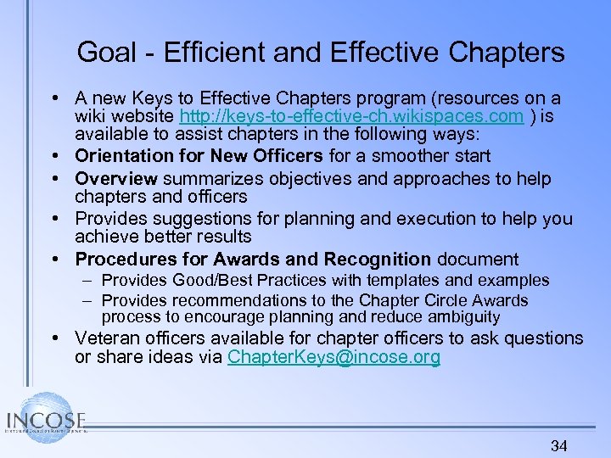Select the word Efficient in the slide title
click(x=207, y=53)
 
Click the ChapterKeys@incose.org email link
click(x=334, y=357)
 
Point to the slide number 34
click(x=558, y=445)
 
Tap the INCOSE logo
click(x=44, y=420)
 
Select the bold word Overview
click(x=116, y=179)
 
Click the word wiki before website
click(x=91, y=116)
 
